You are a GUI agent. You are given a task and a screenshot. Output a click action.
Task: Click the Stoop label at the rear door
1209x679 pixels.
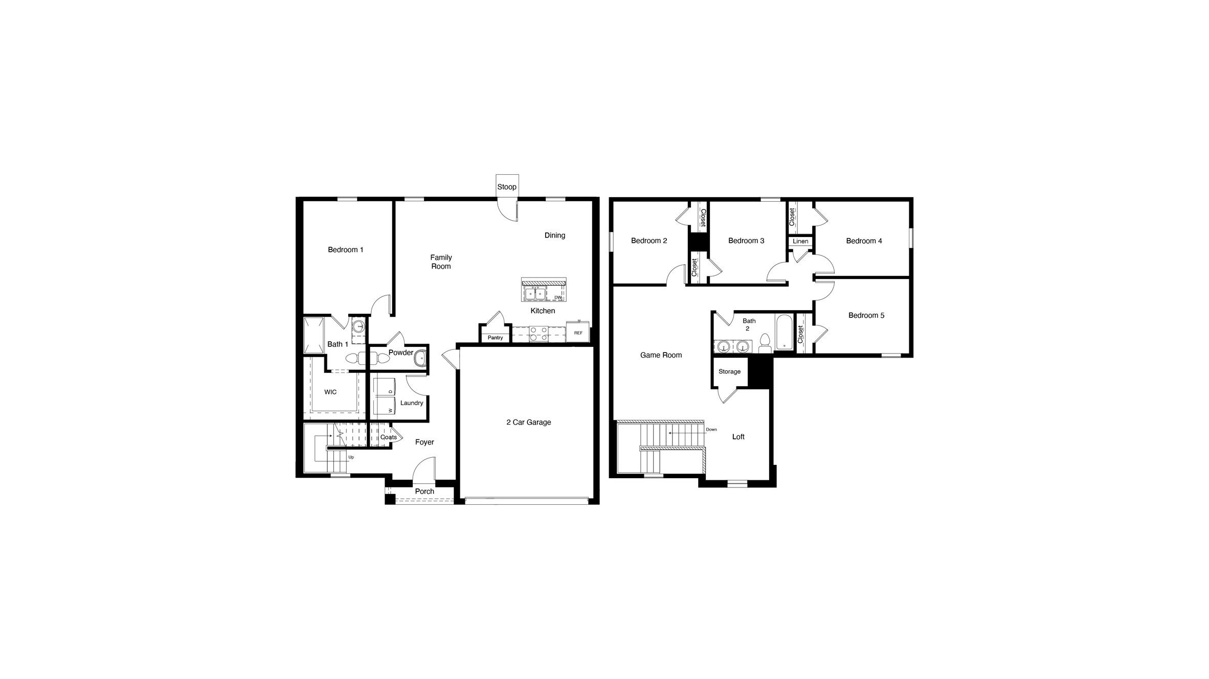(507, 187)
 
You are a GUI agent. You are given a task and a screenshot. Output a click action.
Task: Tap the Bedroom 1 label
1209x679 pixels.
(346, 250)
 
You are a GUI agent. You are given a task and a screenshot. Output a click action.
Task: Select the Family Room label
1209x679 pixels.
(441, 262)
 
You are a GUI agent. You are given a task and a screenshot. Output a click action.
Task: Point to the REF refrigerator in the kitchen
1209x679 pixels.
(578, 333)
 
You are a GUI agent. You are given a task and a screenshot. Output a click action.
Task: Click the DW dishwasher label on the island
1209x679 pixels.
(558, 297)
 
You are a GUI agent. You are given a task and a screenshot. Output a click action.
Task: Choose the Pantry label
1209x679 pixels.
(495, 338)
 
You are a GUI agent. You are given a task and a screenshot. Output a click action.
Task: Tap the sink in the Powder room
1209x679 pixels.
(420, 358)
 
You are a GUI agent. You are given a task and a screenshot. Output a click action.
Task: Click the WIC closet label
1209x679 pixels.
(330, 392)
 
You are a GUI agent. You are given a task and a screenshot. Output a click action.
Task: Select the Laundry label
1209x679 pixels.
(412, 403)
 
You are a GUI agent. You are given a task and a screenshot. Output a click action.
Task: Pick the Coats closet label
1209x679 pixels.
(389, 437)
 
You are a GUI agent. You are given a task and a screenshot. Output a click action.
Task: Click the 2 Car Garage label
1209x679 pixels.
(529, 423)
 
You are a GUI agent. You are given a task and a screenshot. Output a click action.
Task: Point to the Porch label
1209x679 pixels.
(424, 491)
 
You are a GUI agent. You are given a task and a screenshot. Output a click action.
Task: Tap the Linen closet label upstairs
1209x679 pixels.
(800, 242)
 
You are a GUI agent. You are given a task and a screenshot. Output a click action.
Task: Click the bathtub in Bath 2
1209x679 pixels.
(784, 332)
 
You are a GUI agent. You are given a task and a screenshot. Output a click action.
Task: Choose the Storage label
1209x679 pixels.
(729, 372)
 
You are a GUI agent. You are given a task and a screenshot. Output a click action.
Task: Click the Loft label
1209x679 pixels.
(738, 437)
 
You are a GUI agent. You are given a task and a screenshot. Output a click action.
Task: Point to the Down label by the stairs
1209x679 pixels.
(711, 430)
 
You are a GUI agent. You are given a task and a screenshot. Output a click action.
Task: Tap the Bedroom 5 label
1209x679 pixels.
(866, 316)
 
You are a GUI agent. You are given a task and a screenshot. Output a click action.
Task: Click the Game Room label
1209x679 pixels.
(661, 356)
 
